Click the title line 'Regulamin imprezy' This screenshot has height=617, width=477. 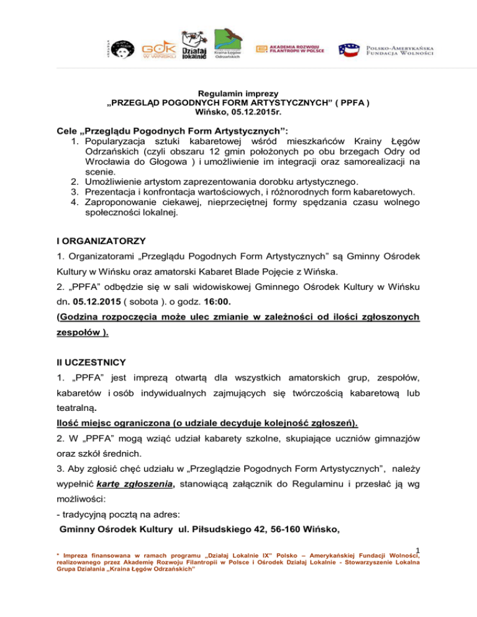[238, 91]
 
